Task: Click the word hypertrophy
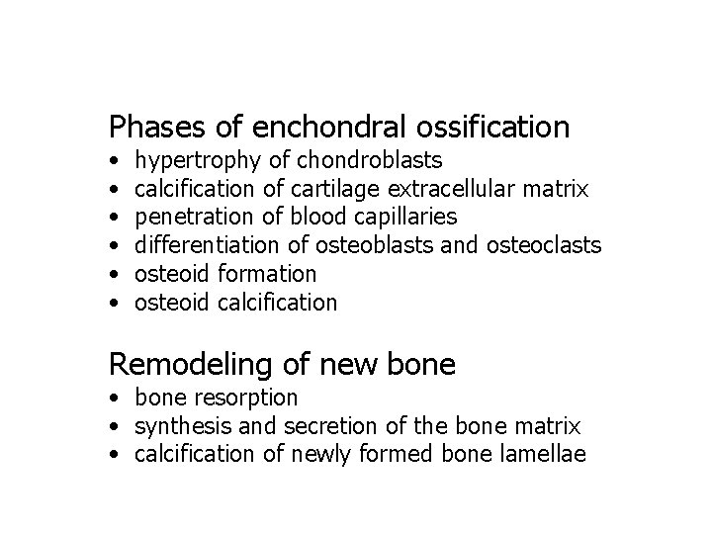(x=198, y=160)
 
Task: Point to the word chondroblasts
(x=370, y=159)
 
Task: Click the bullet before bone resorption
(x=117, y=399)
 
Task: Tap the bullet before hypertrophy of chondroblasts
(x=117, y=160)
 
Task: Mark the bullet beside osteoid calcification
(x=117, y=303)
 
